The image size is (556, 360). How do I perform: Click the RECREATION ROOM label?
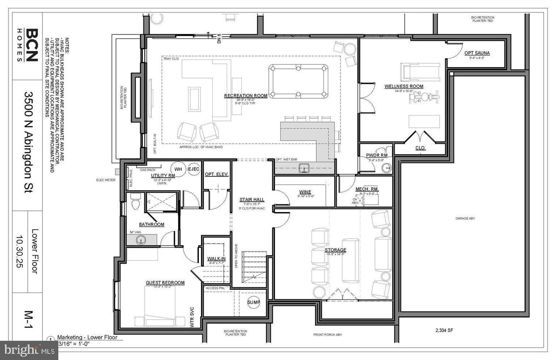point(246,95)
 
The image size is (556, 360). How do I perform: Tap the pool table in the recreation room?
point(298,82)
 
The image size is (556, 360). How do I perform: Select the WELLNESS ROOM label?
point(403,86)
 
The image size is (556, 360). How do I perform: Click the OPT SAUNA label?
point(477,53)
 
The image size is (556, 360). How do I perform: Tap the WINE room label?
point(305,192)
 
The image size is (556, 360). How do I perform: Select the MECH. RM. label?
point(367,189)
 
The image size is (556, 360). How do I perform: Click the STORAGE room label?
point(335,250)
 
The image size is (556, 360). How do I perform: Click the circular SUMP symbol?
point(254,302)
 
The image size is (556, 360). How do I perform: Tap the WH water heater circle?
point(178,169)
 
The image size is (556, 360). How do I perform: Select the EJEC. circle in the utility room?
point(194,169)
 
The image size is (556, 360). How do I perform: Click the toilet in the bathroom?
point(135,202)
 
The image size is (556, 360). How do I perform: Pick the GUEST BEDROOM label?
point(165,283)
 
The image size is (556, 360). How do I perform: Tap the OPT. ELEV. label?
point(216,174)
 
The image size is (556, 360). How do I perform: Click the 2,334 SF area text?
point(444,330)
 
